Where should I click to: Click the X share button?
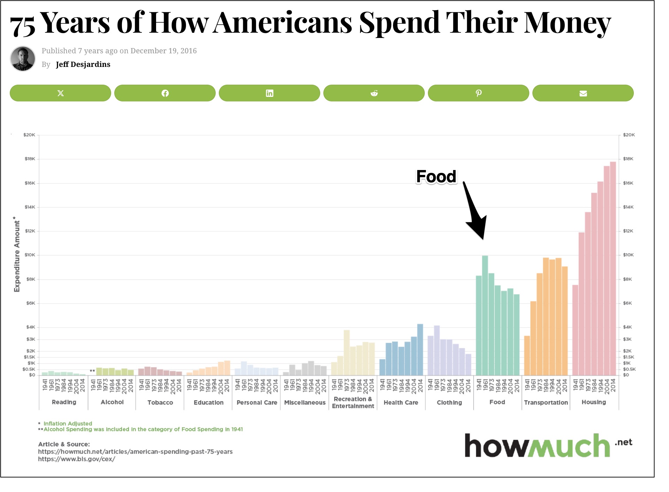pyautogui.click(x=60, y=93)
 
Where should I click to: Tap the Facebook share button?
pyautogui.click(x=165, y=93)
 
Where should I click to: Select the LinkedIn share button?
pyautogui.click(x=269, y=93)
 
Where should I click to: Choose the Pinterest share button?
pyautogui.click(x=478, y=93)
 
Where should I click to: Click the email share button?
pyautogui.click(x=583, y=93)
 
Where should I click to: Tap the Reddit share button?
pyautogui.click(x=374, y=93)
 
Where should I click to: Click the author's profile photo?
pyautogui.click(x=23, y=58)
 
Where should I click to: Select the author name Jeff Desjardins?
pyautogui.click(x=83, y=64)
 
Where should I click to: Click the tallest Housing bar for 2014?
pyautogui.click(x=613, y=268)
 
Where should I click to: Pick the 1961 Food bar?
pyautogui.click(x=485, y=315)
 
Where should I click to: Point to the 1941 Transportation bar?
pyautogui.click(x=527, y=355)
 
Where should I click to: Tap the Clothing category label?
pyautogui.click(x=449, y=402)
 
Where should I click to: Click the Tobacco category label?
pyautogui.click(x=160, y=402)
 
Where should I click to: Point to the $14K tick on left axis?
pyautogui.click(x=30, y=207)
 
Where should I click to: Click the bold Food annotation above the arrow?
pyautogui.click(x=436, y=176)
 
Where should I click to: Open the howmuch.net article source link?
pyautogui.click(x=135, y=452)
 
